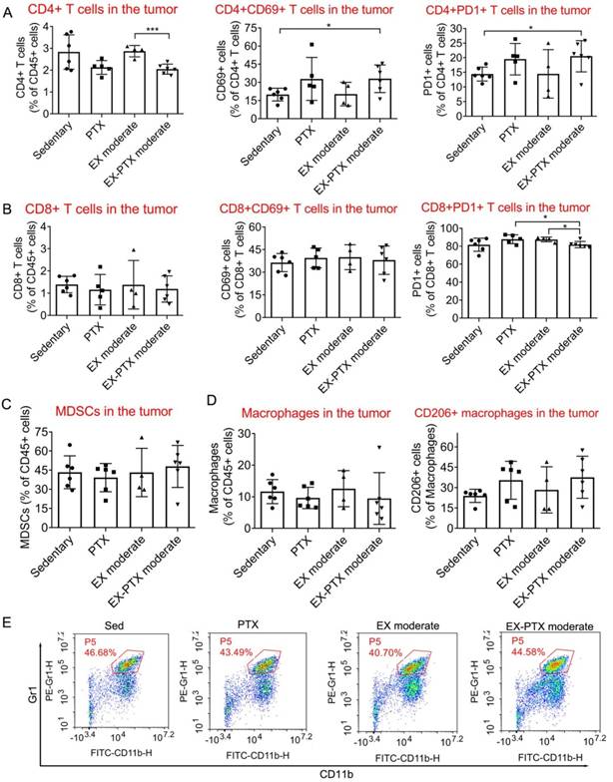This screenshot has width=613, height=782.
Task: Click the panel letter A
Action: pos(10,12)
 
